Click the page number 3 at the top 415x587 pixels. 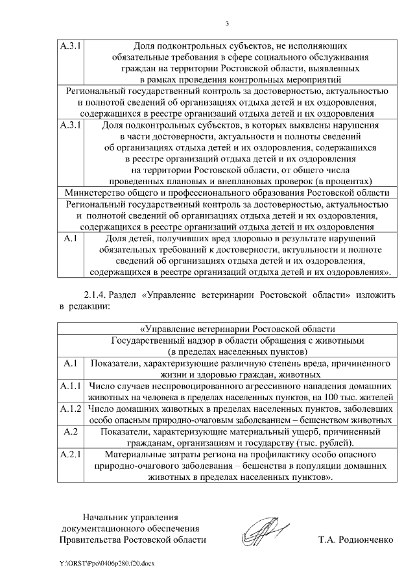227,24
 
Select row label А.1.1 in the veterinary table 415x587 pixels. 69,387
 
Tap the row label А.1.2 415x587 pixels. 69,410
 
